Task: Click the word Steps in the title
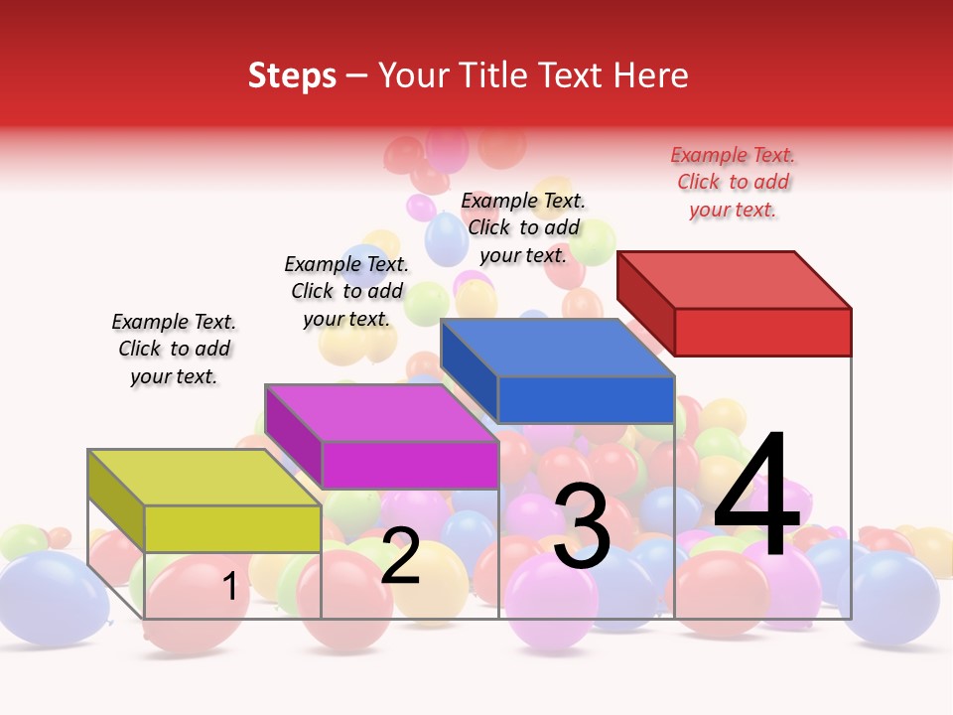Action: (292, 75)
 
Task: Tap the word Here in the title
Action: (650, 75)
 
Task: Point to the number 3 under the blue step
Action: (582, 527)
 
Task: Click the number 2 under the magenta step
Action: (400, 556)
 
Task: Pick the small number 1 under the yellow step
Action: (230, 587)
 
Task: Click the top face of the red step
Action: (735, 279)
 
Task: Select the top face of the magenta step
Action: (381, 413)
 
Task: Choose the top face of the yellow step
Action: (204, 478)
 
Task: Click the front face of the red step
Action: (762, 332)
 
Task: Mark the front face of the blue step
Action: (586, 399)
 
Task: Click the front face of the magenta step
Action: (409, 465)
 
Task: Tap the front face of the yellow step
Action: (232, 528)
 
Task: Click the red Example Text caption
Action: (733, 182)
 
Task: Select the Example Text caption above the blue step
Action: (523, 227)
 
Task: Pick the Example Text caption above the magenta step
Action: (346, 291)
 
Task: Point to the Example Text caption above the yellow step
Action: (174, 349)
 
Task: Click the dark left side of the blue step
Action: (469, 369)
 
